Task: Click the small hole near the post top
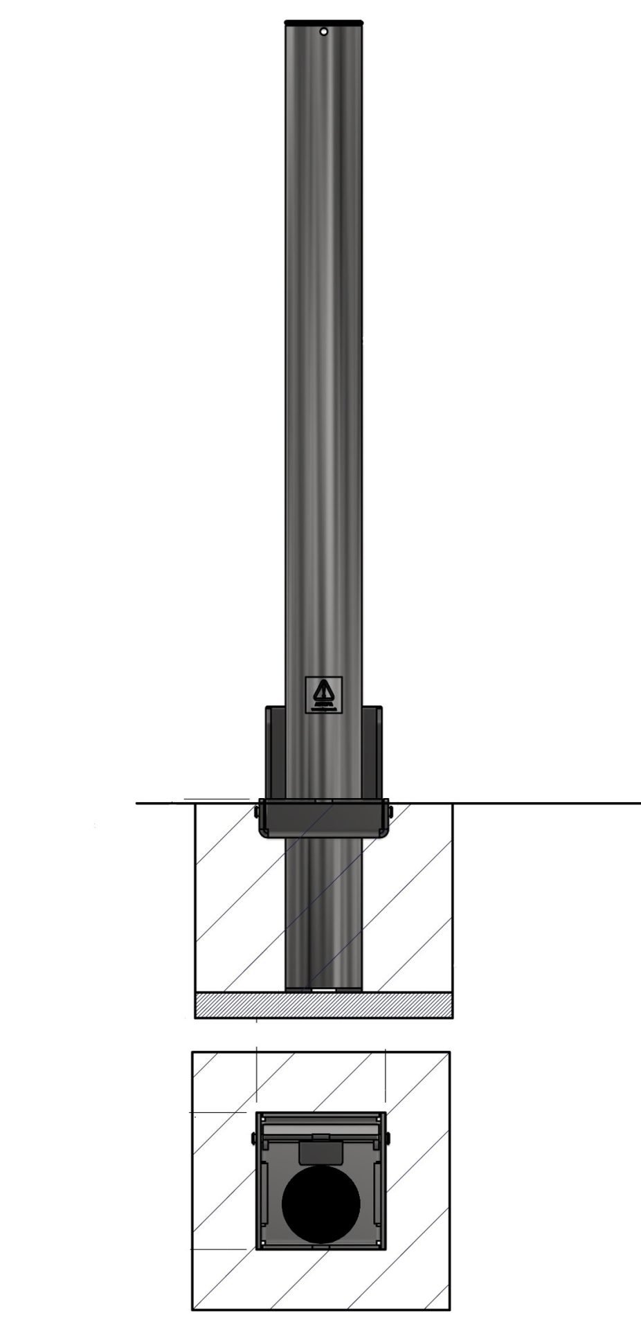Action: coord(323,31)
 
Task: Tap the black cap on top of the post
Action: coord(323,23)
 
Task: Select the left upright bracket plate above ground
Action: coord(275,751)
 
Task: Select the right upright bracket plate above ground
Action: coord(372,751)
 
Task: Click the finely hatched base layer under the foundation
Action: coord(323,1005)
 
